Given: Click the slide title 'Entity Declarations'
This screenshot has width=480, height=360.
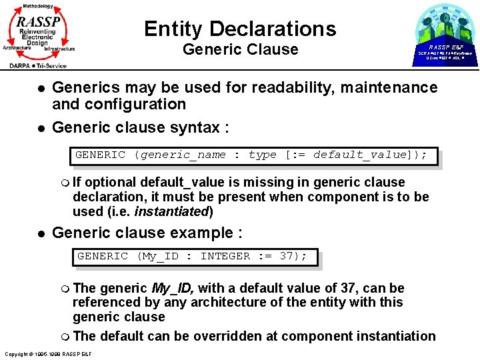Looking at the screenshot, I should pyautogui.click(x=240, y=29).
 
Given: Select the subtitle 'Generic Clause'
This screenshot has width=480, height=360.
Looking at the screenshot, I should pyautogui.click(x=240, y=49).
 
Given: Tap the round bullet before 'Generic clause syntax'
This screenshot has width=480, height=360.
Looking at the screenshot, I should pyautogui.click(x=41, y=127).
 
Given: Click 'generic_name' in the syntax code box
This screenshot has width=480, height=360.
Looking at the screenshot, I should pyautogui.click(x=183, y=155).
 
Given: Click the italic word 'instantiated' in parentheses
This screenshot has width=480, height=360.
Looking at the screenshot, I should pyautogui.click(x=172, y=211).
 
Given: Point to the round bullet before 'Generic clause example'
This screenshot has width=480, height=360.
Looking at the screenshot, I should pyautogui.click(x=41, y=233).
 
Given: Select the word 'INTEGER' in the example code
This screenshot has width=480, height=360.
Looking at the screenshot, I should pyautogui.click(x=225, y=256).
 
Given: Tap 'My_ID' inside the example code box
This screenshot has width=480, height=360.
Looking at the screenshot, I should pyautogui.click(x=159, y=256).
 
